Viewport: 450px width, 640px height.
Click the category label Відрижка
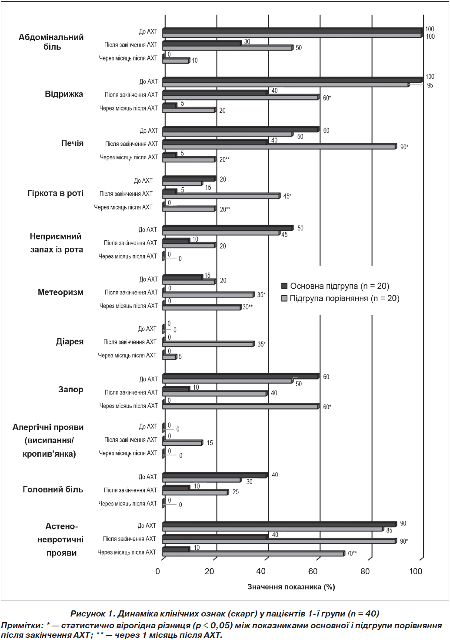64,94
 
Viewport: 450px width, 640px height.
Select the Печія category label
73,143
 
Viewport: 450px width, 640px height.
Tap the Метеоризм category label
60,292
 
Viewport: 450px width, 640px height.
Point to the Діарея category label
70,342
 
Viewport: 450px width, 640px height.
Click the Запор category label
71,389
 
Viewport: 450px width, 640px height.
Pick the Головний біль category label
53,489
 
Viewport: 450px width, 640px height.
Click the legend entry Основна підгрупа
336,286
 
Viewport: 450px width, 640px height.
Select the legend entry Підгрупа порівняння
340,299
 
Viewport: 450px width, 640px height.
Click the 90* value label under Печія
404,147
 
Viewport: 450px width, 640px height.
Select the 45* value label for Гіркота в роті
287,196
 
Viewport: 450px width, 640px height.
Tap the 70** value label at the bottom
352,553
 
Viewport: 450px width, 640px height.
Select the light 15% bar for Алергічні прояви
183,443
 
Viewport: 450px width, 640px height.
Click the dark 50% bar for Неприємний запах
228,228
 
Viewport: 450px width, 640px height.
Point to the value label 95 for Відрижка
430,85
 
